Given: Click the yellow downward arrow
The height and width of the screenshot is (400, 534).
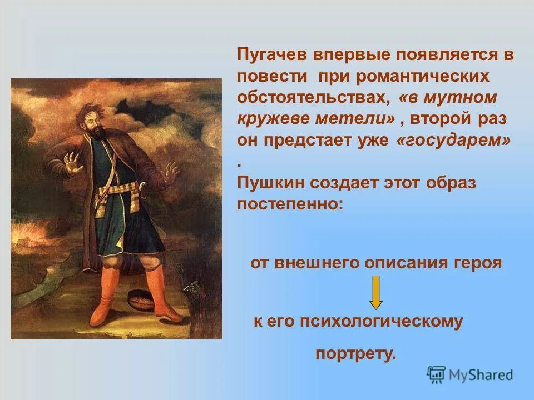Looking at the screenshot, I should tap(376, 292).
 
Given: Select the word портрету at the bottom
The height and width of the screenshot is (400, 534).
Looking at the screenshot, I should tap(356, 354).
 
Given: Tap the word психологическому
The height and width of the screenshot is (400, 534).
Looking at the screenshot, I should tap(383, 322).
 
